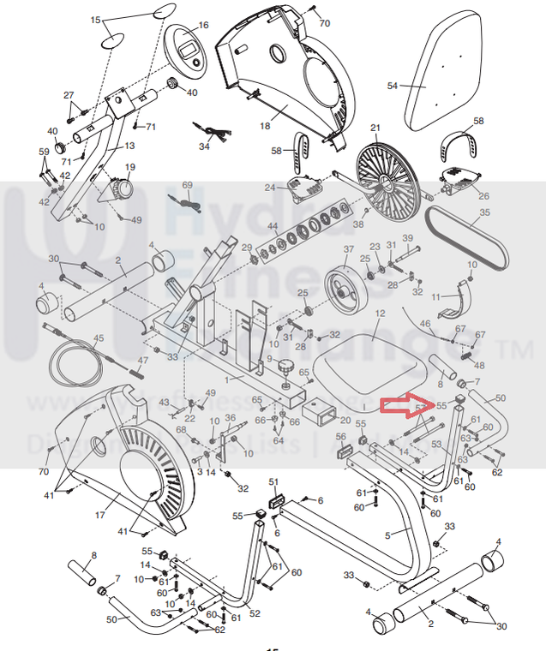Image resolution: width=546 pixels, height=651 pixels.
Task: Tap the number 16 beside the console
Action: coord(203,26)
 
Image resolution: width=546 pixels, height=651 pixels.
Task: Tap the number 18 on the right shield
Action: coord(265,126)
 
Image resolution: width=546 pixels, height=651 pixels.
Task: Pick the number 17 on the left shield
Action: coord(99,515)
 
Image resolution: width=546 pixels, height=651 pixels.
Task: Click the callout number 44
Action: coord(273,227)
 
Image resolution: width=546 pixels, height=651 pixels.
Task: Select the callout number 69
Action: coord(188,186)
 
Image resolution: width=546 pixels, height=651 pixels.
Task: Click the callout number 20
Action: coord(345,420)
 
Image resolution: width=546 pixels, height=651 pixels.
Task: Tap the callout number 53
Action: coord(436,445)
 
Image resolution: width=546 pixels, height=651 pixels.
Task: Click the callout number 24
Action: coord(269,187)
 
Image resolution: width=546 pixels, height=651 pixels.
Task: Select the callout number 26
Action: coord(484,196)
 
